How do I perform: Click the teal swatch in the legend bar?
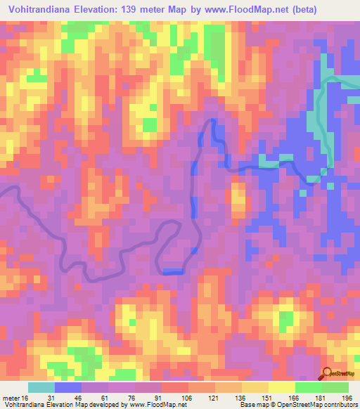coord(41,387)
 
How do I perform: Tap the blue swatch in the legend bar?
coord(68,387)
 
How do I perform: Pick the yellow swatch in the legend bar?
coord(282,387)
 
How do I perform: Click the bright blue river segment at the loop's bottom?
coord(173,271)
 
